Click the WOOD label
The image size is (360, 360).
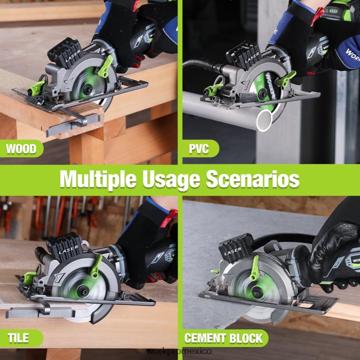pos(21,149)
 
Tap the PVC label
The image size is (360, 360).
pos(199,149)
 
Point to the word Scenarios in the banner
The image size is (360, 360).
pos(253,180)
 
